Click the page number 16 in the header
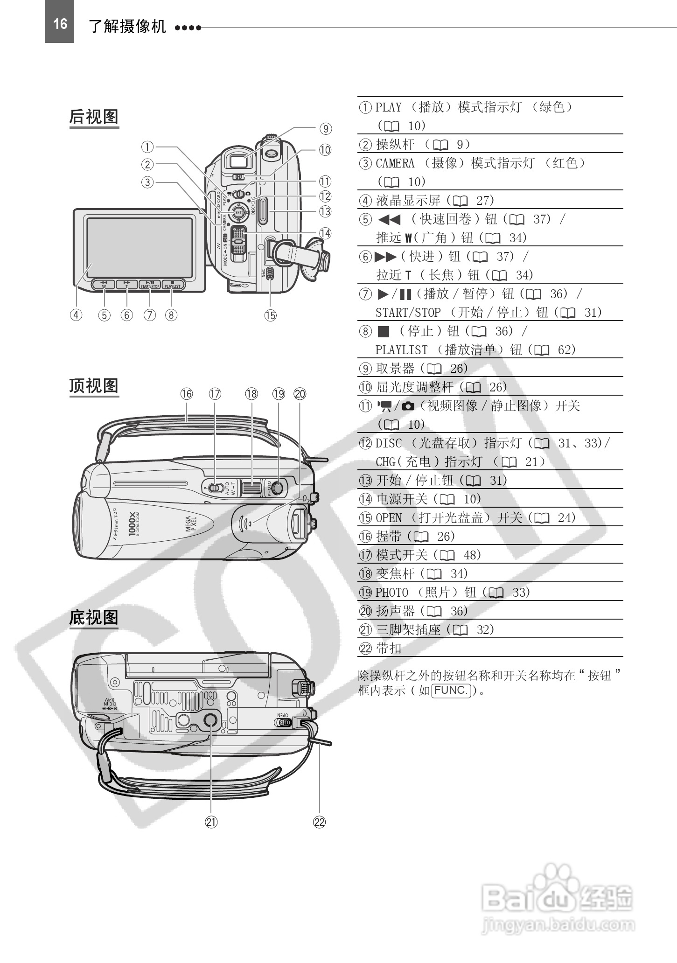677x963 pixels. [60, 23]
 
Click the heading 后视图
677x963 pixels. [94, 117]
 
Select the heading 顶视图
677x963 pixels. [94, 386]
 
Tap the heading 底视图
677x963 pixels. [94, 617]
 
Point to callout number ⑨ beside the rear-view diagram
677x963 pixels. [325, 128]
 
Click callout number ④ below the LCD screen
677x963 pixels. [76, 315]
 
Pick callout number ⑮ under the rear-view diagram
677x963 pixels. [270, 315]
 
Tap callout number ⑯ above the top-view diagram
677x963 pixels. [187, 394]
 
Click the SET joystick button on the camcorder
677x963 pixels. [238, 213]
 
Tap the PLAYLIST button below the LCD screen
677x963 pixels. [173, 285]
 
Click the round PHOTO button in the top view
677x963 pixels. [277, 488]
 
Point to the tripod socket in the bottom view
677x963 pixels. [210, 720]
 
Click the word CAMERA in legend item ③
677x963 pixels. [395, 163]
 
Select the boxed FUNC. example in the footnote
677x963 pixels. [451, 690]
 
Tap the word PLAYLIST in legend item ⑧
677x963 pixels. [401, 350]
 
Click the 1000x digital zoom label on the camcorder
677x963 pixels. [133, 523]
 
